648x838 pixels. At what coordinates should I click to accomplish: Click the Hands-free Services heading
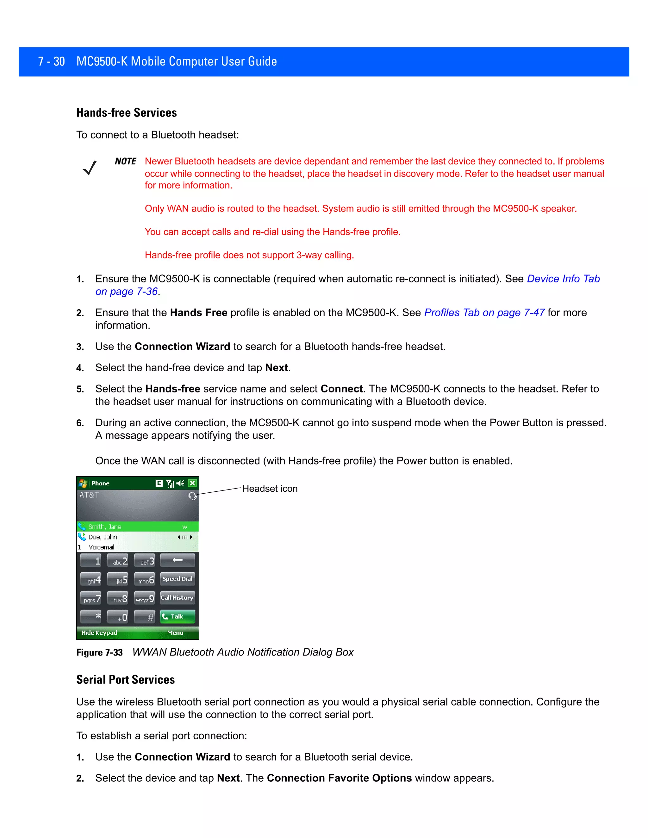(x=126, y=113)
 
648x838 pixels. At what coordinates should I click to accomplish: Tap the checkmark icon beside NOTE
(x=90, y=168)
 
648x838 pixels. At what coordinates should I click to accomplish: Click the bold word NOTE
(x=125, y=161)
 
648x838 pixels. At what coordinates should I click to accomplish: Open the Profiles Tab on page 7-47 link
(x=484, y=313)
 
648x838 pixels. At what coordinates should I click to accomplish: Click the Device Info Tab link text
(x=563, y=279)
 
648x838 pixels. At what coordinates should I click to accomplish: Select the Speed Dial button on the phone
(x=178, y=579)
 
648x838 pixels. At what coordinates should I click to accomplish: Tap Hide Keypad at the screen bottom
(x=99, y=633)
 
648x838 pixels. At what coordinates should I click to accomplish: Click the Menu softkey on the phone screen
(x=175, y=633)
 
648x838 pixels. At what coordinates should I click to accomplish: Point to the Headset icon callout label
(x=270, y=489)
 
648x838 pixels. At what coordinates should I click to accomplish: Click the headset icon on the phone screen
(x=192, y=496)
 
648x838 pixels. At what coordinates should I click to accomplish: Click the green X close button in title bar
(x=192, y=483)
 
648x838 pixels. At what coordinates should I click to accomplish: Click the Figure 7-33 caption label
(x=99, y=653)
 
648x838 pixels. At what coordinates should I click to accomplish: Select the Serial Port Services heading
(x=126, y=680)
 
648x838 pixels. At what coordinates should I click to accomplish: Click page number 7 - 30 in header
(x=52, y=61)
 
